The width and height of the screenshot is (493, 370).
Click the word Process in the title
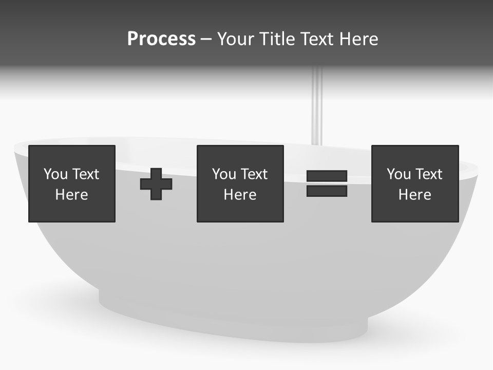[x=161, y=39]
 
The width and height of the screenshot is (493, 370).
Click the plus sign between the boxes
[x=156, y=184]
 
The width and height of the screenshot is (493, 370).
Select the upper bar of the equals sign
[x=327, y=176]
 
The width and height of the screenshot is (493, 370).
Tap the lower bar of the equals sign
[x=327, y=191]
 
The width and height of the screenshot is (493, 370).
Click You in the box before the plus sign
[x=55, y=174]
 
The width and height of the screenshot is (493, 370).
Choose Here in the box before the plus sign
[x=71, y=195]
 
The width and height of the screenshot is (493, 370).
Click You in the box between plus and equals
[x=224, y=174]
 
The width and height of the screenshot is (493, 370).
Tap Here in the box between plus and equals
[x=240, y=195]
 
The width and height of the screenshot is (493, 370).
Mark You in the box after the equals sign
[x=399, y=174]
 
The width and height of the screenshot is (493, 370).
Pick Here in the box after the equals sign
[x=414, y=195]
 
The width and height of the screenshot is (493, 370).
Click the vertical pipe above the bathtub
[x=317, y=108]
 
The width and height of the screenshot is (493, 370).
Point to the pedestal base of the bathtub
[x=231, y=319]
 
